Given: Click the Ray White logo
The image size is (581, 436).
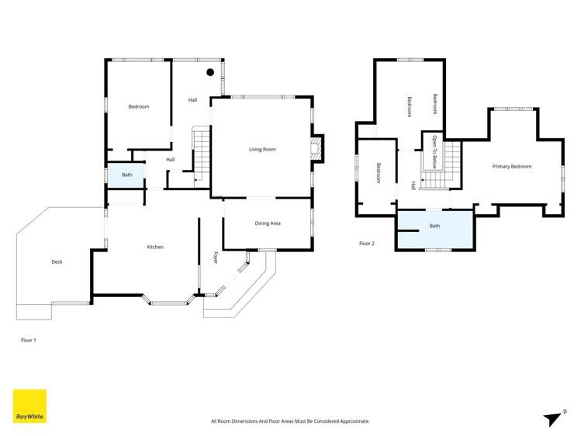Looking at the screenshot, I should (29, 406).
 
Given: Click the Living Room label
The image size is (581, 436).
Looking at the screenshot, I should (262, 149).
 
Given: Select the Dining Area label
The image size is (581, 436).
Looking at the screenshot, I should (268, 223).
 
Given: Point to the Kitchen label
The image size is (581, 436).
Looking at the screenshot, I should (155, 247).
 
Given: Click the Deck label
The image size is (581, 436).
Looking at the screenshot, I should (57, 261).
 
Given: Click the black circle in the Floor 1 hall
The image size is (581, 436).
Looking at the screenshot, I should (210, 72).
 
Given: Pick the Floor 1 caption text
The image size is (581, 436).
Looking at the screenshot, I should (28, 340).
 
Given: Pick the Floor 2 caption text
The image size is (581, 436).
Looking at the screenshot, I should (366, 244).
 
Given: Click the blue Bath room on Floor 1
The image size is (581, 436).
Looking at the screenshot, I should (126, 175).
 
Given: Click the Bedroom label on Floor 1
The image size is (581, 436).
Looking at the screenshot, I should (138, 106).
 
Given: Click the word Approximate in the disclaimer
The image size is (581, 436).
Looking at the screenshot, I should (354, 421).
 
